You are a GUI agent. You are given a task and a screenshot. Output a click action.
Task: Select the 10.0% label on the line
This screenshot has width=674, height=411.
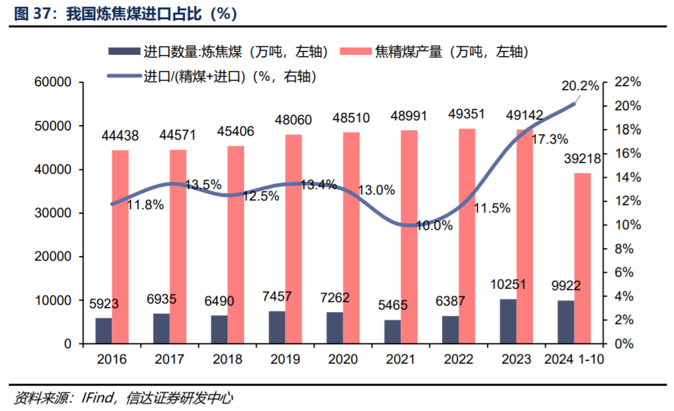435,226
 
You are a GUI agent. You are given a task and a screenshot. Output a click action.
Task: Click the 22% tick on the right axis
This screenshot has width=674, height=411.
627,83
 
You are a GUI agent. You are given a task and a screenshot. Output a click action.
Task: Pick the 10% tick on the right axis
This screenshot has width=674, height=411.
627,225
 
